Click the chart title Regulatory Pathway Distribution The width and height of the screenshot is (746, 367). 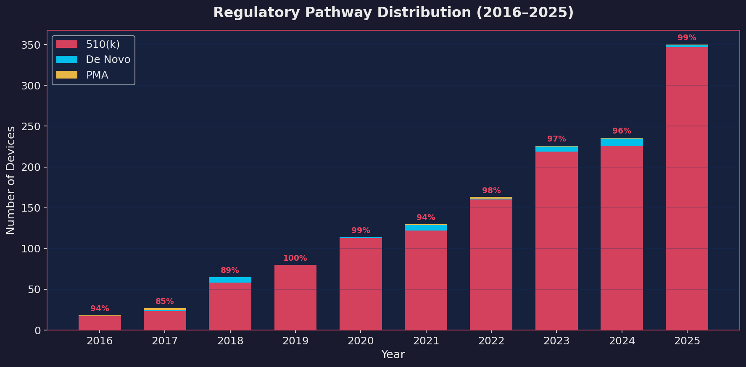(x=393, y=13)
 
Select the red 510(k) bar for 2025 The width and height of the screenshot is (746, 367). (x=687, y=189)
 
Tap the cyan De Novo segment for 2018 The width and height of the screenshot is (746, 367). (x=230, y=280)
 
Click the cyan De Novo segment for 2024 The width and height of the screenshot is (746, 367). (x=622, y=142)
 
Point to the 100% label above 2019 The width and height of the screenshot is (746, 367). (x=295, y=258)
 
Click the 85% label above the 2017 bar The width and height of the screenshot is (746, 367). (x=165, y=301)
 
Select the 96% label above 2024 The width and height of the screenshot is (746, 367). (x=622, y=131)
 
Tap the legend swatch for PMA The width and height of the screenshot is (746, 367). (x=67, y=75)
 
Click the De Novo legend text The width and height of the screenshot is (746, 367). (x=108, y=60)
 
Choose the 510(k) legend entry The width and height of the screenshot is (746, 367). (x=103, y=44)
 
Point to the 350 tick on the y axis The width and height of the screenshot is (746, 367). (x=31, y=45)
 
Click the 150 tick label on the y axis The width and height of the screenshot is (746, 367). (x=31, y=208)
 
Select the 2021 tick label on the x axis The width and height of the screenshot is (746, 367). (x=426, y=341)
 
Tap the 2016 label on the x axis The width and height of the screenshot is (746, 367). (x=100, y=341)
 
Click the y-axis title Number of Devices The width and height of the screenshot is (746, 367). (x=11, y=180)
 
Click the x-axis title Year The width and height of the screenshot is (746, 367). (x=393, y=355)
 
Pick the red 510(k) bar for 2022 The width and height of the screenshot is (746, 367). (x=491, y=265)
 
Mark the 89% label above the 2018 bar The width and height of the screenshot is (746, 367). (x=230, y=270)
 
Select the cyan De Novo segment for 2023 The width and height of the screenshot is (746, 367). (x=556, y=149)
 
